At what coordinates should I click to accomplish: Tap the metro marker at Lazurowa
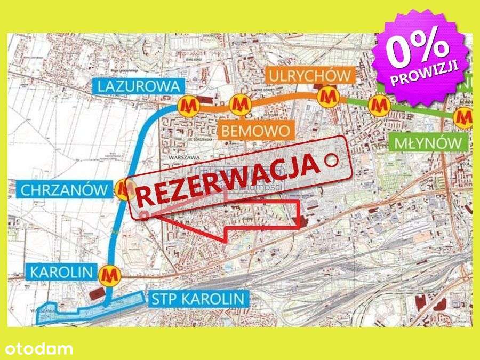[x=188, y=105]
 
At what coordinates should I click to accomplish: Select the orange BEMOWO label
[x=257, y=130]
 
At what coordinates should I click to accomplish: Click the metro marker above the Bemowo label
[x=239, y=104]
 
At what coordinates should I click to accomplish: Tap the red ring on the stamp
[x=332, y=158]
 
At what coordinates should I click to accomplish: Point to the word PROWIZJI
[x=430, y=74]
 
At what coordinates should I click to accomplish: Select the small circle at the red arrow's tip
[x=146, y=215]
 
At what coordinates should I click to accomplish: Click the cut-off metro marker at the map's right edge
[x=465, y=116]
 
